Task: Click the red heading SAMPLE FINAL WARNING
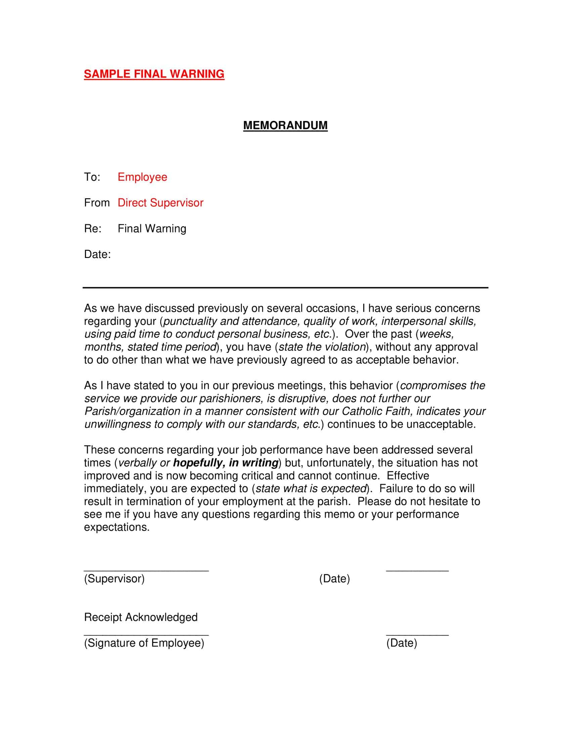pos(154,74)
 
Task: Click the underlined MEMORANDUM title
pos(285,126)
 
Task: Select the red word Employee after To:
pos(142,177)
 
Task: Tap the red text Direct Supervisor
pos(160,203)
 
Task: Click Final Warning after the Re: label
pos(152,229)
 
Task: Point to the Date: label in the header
pos(97,255)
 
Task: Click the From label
pos(97,203)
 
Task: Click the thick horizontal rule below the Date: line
pos(285,288)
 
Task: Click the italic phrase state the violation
pos(322,347)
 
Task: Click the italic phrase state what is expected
pos(311,488)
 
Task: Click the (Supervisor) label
pos(114,579)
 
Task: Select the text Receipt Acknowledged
pos(141,617)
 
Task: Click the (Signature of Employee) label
pos(144,643)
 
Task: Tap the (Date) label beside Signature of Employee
pos(401,643)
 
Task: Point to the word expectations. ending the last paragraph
pos(117,527)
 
